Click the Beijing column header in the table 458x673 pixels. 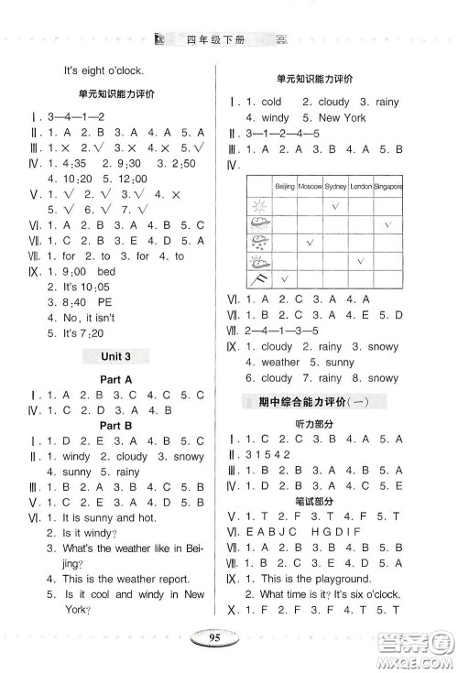pyautogui.click(x=285, y=186)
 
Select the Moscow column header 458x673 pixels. pyautogui.click(x=311, y=186)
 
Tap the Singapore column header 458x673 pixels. pyautogui.click(x=387, y=186)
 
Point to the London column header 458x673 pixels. pyautogui.click(x=361, y=186)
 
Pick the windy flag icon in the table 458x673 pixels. pyautogui.click(x=259, y=278)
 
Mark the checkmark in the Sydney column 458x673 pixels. pyautogui.click(x=336, y=205)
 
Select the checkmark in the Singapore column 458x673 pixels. pyautogui.click(x=388, y=223)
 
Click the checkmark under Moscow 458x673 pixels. pyautogui.click(x=311, y=243)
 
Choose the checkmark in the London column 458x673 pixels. pyautogui.click(x=361, y=260)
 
